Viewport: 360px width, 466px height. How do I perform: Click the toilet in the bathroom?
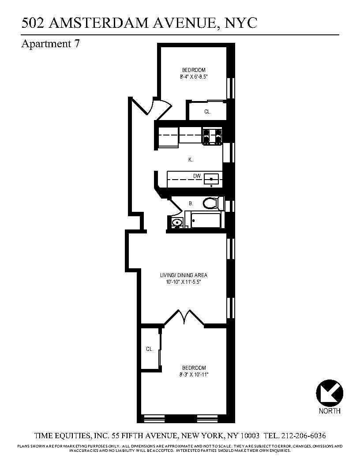[x=211, y=203]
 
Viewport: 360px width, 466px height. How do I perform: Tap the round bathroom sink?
[x=176, y=222]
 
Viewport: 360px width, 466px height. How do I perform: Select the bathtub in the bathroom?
[x=206, y=219]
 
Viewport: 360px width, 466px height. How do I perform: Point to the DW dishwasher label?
[x=197, y=176]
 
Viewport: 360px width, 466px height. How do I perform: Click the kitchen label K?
[x=191, y=160]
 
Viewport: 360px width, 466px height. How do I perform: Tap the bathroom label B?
[x=191, y=203]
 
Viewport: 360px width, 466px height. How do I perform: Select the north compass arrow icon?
[x=330, y=392]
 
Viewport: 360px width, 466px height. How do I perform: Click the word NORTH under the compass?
[x=330, y=411]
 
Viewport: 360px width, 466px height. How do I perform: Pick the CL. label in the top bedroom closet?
[x=207, y=112]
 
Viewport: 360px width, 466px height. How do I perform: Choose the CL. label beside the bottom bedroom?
[x=150, y=349]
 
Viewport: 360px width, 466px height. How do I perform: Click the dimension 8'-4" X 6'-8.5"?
[x=194, y=76]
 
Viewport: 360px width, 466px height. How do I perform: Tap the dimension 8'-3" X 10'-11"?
[x=194, y=375]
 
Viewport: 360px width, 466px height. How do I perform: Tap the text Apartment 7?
[x=50, y=44]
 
